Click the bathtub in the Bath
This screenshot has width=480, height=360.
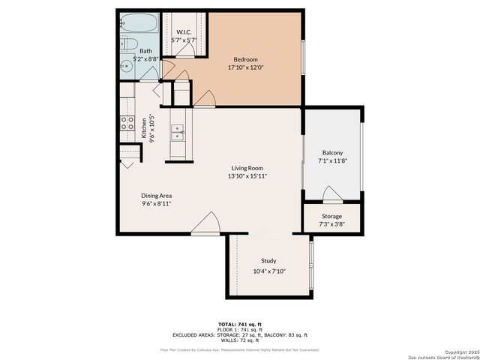click(x=137, y=23)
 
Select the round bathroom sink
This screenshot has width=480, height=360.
click(x=127, y=67)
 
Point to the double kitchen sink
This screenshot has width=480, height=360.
click(x=178, y=133)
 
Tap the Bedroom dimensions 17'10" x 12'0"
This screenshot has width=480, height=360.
click(x=246, y=67)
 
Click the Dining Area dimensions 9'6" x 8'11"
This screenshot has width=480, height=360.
click(x=157, y=203)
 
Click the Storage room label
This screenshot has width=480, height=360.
click(x=331, y=216)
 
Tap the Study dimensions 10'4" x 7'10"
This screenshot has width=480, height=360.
click(x=269, y=271)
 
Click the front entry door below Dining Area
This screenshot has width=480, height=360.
click(x=205, y=224)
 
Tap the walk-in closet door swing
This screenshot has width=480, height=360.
click(x=192, y=48)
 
